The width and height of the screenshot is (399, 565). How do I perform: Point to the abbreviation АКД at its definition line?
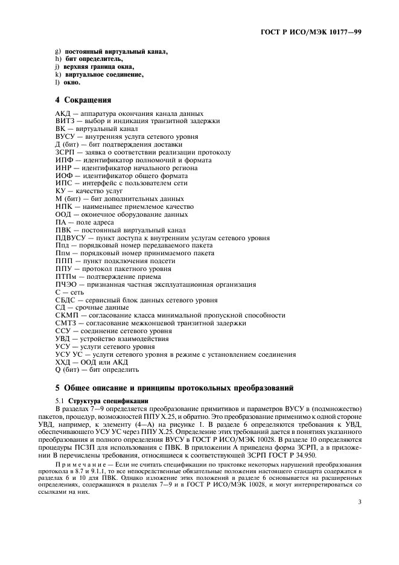click(x=63, y=113)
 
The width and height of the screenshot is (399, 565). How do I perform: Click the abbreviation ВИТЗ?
click(x=65, y=121)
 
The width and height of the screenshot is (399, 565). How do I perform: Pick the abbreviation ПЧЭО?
click(x=65, y=284)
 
